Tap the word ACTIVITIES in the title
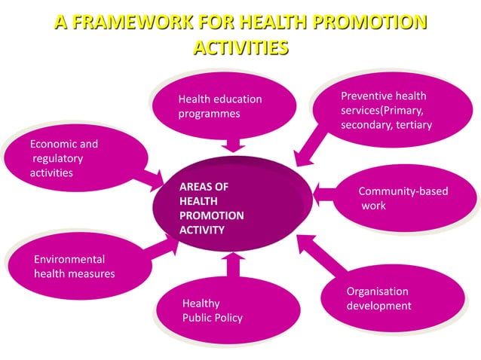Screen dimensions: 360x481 pos(240,48)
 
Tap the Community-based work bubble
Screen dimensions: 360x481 pos(403,198)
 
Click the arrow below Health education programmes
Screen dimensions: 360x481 pos(232,142)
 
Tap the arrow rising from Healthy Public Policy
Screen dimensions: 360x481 pos(233,264)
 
